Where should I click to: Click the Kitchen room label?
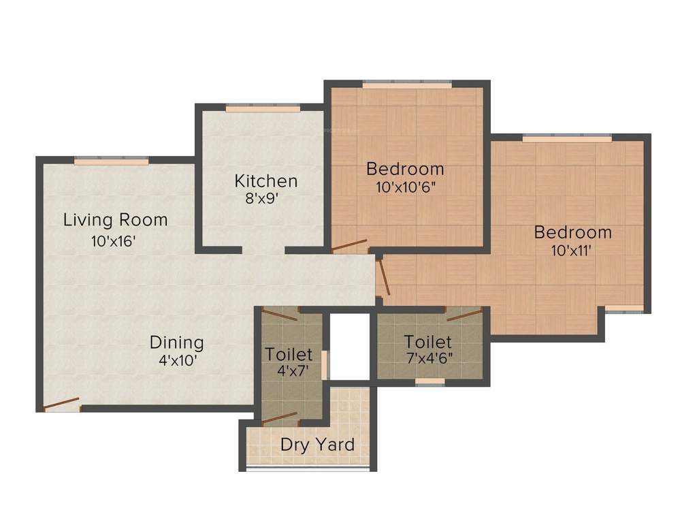[265, 181]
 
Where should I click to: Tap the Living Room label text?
[115, 220]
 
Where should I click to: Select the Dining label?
[176, 342]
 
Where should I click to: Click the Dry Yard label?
[317, 445]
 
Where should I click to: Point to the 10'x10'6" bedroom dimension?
[405, 187]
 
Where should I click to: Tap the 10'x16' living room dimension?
[114, 240]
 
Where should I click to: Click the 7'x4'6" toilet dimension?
[429, 358]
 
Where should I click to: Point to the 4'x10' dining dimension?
[178, 361]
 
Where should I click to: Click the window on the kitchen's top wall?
[263, 108]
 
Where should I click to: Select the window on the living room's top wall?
[111, 161]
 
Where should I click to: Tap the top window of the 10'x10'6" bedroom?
[406, 84]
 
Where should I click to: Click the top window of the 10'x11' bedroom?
[567, 138]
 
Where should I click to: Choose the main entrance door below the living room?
[61, 405]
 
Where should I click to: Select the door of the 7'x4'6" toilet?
[464, 313]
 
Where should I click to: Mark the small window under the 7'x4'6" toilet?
[430, 382]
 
